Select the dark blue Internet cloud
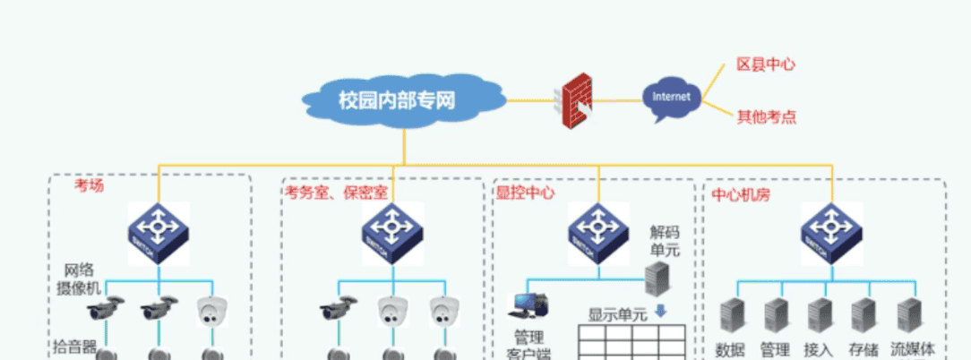[671, 98]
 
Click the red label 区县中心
[765, 64]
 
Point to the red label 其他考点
[766, 116]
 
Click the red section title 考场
[89, 185]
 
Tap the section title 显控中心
[525, 193]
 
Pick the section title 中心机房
[741, 193]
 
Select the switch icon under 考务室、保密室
[392, 232]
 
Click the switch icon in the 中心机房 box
[831, 232]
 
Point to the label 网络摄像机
[78, 278]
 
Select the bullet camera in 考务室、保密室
[338, 311]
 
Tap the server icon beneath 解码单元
[657, 279]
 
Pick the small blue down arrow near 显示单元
[660, 312]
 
